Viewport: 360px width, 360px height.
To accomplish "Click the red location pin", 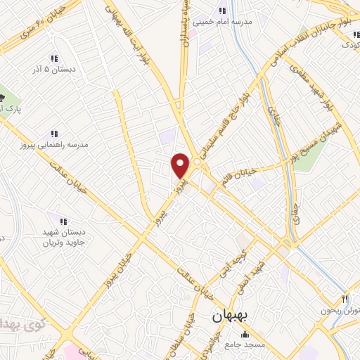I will [181, 166].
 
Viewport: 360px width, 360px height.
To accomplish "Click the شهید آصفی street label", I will [256, 269].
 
